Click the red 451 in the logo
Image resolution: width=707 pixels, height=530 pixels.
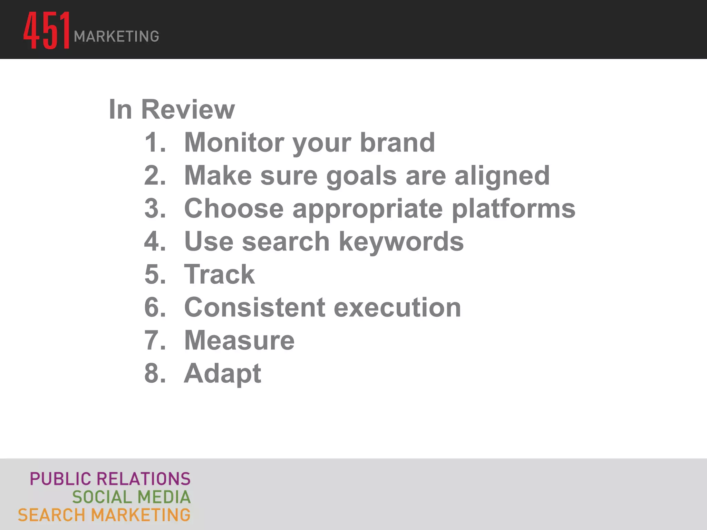tap(47, 30)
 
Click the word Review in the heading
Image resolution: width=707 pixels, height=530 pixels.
tap(188, 109)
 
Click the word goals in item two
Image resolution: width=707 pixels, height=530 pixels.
tap(361, 176)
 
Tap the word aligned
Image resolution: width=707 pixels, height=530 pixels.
tap(502, 176)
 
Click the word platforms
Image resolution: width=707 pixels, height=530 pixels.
tap(513, 209)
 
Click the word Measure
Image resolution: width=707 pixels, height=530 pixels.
tap(239, 340)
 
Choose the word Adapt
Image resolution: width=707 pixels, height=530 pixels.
tap(223, 374)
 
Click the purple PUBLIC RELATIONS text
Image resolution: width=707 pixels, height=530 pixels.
tap(110, 479)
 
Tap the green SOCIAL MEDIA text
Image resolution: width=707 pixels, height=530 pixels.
tap(131, 497)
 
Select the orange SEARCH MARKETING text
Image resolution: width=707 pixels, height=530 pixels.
tap(104, 515)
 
